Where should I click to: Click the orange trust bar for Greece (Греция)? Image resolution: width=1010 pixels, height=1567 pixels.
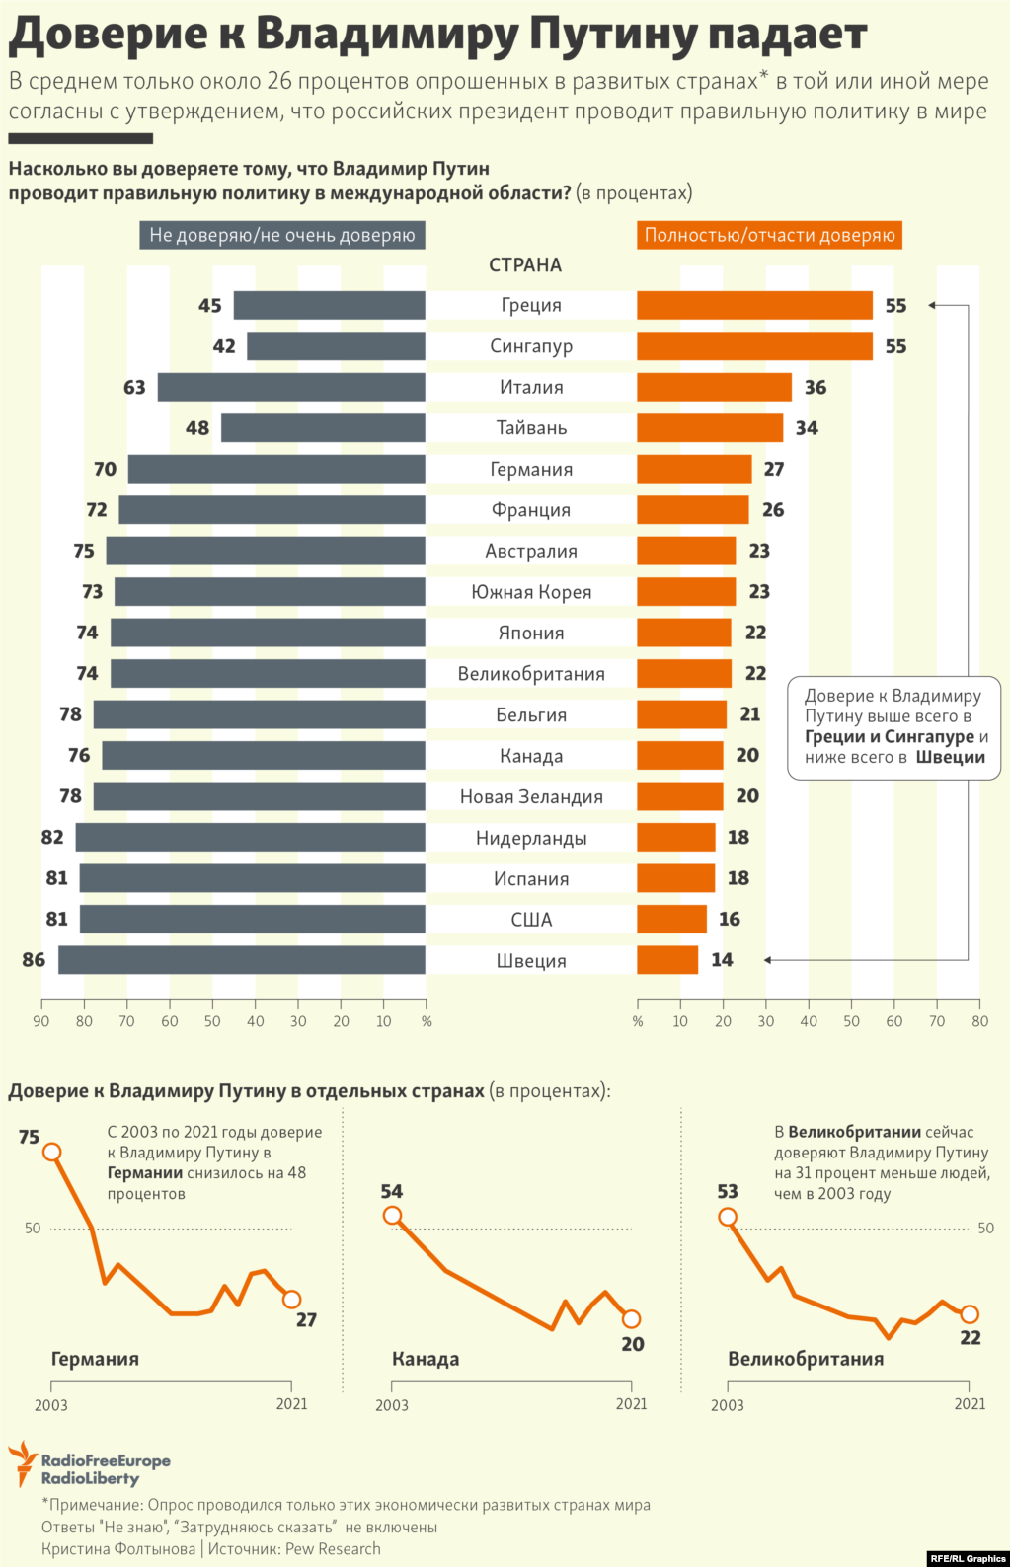754,305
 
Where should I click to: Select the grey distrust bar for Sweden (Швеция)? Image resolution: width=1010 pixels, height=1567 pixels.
242,960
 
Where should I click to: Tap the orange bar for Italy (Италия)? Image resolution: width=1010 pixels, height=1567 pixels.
714,387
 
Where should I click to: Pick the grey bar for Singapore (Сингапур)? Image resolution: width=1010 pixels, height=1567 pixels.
336,346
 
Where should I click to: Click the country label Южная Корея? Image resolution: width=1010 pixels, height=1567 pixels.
531,592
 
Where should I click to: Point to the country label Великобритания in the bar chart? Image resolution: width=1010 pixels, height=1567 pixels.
531,674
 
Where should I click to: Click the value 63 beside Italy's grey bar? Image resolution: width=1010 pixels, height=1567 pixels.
134,387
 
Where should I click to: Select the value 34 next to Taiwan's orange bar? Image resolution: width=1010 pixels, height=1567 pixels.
807,428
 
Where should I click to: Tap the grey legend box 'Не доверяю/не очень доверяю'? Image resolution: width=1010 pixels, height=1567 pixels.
282,235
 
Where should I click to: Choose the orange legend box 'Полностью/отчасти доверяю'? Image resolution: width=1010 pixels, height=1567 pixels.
769,235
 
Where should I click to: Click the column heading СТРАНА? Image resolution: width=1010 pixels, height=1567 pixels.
525,265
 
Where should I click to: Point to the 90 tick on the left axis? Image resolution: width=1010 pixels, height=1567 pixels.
41,1021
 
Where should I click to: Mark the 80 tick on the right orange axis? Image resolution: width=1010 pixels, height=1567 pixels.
979,1021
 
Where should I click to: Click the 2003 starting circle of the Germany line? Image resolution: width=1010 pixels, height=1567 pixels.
52,1152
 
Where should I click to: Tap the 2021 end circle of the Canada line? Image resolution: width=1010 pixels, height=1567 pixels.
632,1318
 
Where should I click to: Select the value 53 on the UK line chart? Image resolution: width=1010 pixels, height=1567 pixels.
728,1192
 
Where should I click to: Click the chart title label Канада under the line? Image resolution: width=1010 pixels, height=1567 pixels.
426,1359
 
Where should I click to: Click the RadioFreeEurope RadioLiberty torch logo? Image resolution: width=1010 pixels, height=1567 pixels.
22,1463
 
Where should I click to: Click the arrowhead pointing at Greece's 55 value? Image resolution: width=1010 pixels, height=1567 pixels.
931,305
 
